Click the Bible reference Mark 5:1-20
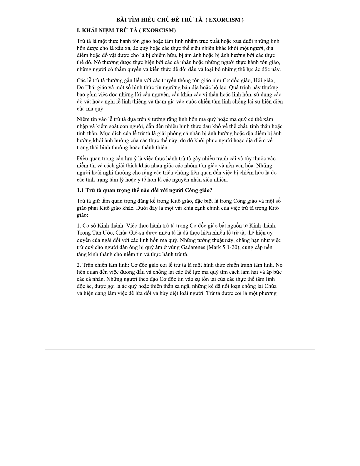point(223,247)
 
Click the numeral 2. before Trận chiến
point(79,265)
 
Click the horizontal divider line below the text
point(180,350)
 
